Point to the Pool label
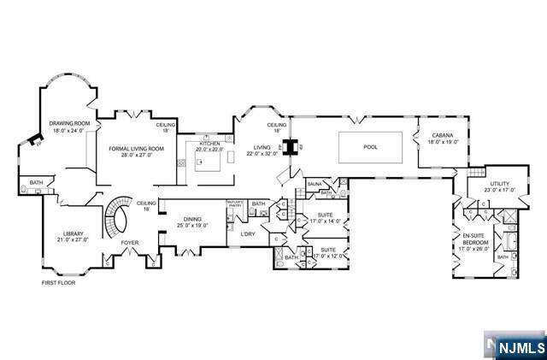(370, 147)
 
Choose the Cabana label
(441, 135)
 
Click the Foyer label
(129, 243)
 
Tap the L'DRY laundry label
(249, 234)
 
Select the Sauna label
(315, 183)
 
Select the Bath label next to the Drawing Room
(36, 182)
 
